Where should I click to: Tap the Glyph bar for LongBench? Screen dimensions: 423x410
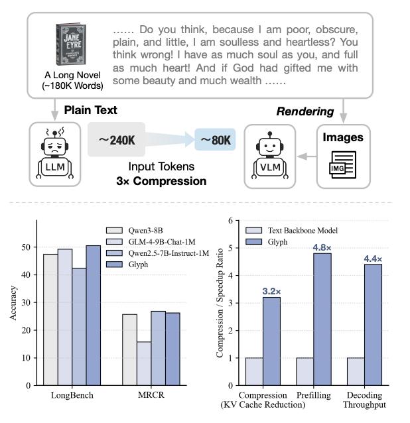[93, 315]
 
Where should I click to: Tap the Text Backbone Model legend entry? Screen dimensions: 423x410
[288, 230]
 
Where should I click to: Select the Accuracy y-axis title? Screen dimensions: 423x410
[14, 302]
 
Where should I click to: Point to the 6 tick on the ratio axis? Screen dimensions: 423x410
[230, 220]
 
